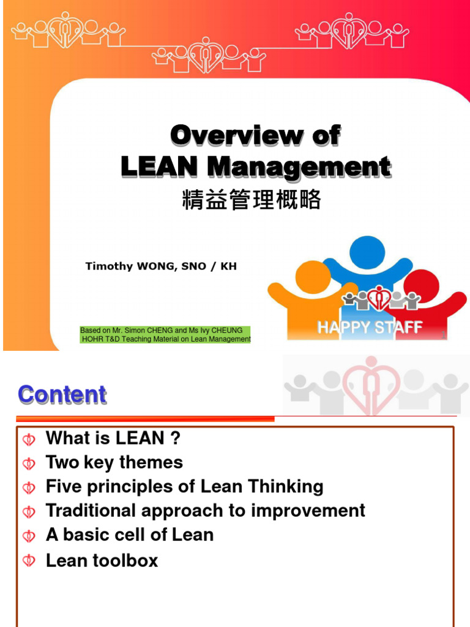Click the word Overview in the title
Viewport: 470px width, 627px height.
point(236,135)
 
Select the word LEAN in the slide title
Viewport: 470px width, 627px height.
point(159,167)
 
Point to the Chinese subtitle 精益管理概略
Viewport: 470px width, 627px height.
point(252,200)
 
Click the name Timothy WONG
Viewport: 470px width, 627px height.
point(125,266)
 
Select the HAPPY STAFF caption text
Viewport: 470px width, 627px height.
point(370,328)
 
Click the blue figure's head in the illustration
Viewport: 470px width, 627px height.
point(367,252)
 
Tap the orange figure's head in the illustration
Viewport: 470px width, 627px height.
point(313,276)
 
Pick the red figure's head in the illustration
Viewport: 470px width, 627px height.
point(422,285)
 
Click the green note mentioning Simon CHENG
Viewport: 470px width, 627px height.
point(165,335)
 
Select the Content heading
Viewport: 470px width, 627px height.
point(62,395)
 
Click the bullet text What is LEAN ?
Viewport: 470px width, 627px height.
point(113,438)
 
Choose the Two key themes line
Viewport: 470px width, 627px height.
point(114,462)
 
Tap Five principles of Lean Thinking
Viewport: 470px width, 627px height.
point(185,487)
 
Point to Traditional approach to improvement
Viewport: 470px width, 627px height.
point(206,511)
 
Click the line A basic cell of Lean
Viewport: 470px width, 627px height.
point(130,535)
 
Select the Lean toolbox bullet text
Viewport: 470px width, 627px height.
point(102,560)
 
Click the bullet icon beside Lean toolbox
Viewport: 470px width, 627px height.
point(29,561)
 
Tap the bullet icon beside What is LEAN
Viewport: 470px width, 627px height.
point(29,439)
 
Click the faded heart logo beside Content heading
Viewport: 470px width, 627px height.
point(371,385)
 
